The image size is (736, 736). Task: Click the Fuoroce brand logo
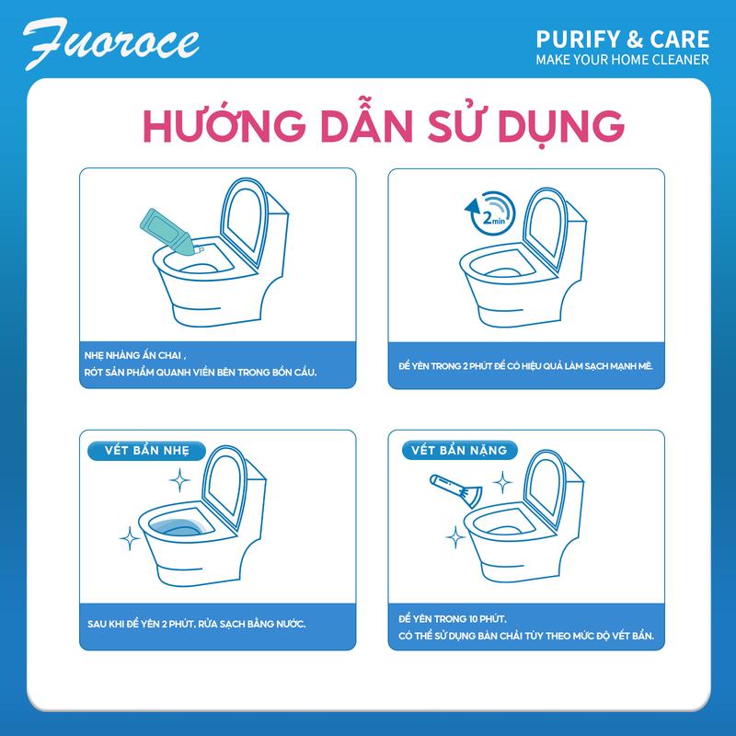coord(110,43)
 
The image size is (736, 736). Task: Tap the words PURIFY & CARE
coord(623,40)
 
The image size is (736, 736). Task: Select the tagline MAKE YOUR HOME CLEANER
coord(623,60)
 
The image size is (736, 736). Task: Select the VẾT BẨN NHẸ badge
coord(147,451)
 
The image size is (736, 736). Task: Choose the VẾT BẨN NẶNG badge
coord(459,451)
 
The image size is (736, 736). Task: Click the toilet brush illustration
coord(455,490)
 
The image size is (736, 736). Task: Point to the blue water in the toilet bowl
coord(179,527)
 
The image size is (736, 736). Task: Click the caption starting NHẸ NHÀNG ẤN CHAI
coord(201,363)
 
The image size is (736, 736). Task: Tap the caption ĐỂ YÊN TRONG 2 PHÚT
coord(525,366)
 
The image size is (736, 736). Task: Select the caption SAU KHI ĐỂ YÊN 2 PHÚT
coord(197,624)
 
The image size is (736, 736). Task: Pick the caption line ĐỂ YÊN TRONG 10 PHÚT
coord(453,619)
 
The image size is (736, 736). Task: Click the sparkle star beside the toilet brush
coord(502,482)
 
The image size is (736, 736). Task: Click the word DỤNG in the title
coord(561,126)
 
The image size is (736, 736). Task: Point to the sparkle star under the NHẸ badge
coord(179,480)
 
